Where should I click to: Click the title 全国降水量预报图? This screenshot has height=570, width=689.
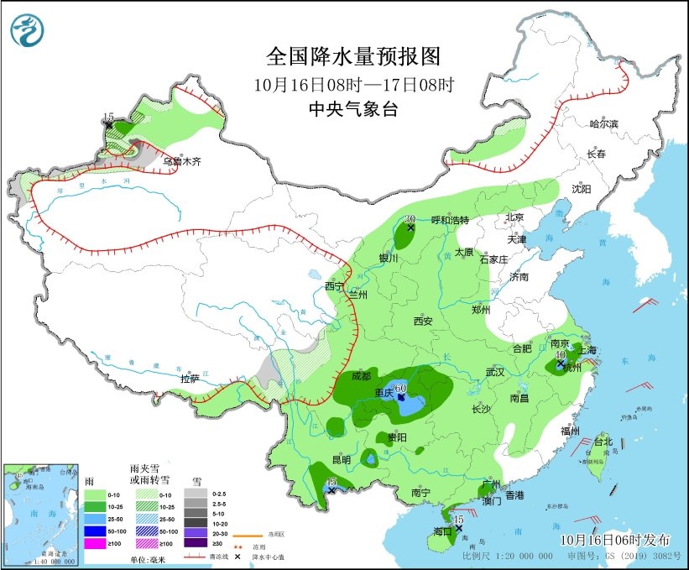(353, 56)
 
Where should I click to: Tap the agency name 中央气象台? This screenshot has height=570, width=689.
(353, 109)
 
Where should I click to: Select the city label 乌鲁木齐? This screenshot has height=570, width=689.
(182, 161)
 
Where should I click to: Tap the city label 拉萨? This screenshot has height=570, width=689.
(191, 379)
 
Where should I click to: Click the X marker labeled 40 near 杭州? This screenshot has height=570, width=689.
(561, 363)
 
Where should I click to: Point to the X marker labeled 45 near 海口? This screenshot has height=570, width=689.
(459, 528)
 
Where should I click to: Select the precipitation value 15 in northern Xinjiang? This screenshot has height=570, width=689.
(107, 117)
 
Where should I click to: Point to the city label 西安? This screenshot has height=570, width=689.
(422, 321)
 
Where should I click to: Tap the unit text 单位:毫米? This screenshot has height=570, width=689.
(146, 558)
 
